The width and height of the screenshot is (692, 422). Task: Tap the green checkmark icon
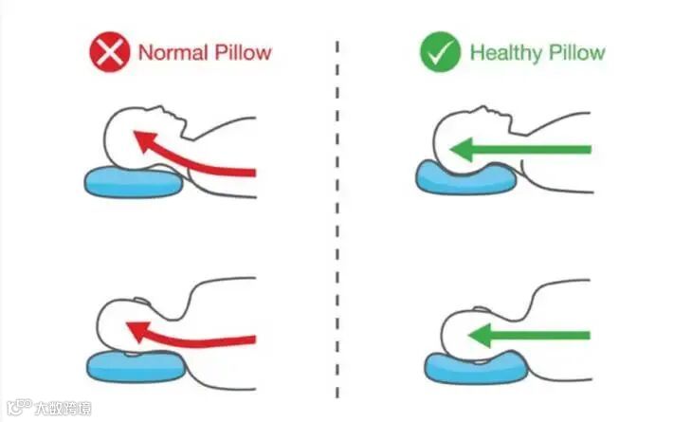(x=440, y=52)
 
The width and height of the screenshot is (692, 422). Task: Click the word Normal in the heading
(x=173, y=52)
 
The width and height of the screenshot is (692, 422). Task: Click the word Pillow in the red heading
(x=243, y=52)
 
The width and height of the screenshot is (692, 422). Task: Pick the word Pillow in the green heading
(x=574, y=52)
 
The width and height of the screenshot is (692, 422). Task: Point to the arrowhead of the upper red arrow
(x=142, y=143)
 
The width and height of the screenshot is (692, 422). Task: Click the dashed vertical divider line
(x=338, y=218)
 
